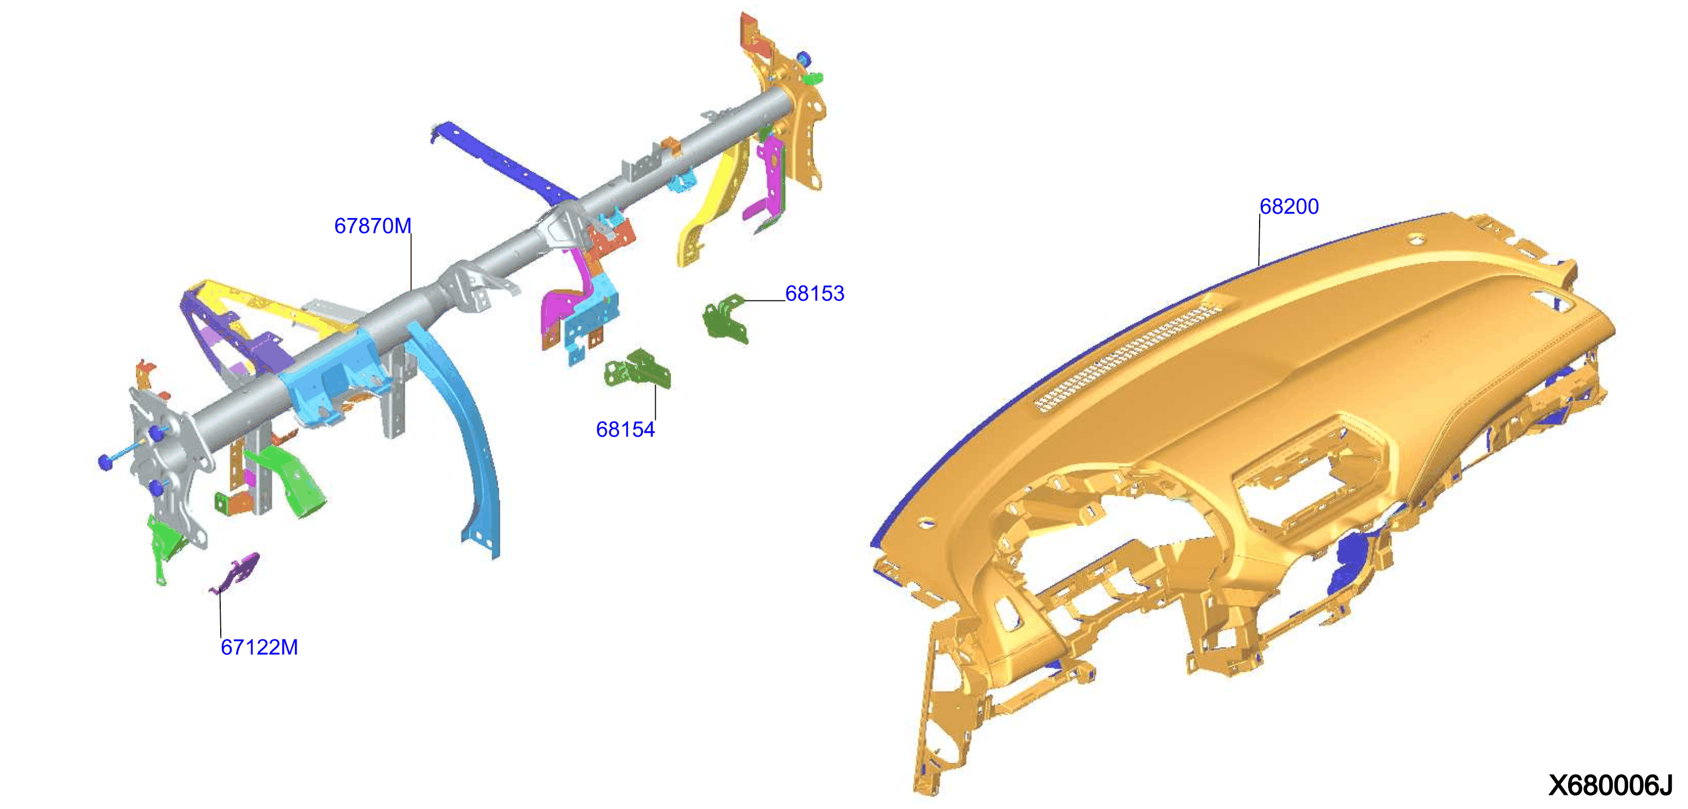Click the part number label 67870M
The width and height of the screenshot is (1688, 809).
pyautogui.click(x=373, y=226)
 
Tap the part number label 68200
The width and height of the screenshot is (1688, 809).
pyautogui.click(x=1289, y=206)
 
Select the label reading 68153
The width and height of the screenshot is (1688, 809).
pyautogui.click(x=814, y=293)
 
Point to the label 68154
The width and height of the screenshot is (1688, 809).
pyautogui.click(x=625, y=430)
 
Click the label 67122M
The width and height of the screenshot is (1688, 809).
pyautogui.click(x=259, y=647)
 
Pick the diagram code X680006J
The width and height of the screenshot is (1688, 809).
pyautogui.click(x=1611, y=785)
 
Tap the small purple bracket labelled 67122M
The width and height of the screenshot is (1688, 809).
pyautogui.click(x=236, y=573)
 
